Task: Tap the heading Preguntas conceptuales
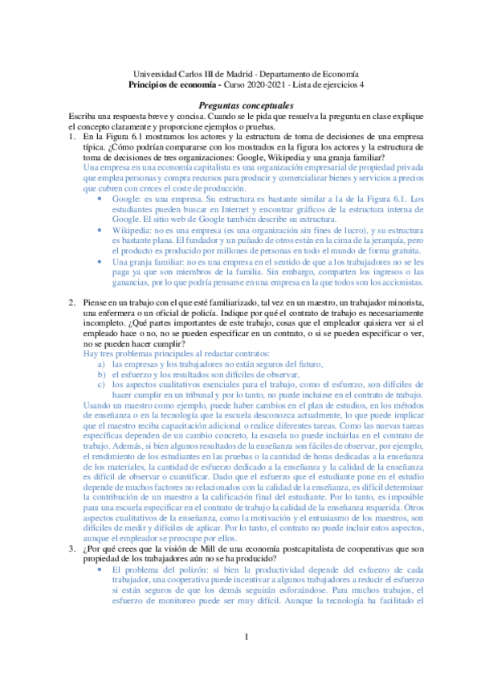(x=240, y=105)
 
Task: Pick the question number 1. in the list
(x=75, y=138)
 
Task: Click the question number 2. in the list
(x=75, y=302)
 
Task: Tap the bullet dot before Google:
(x=99, y=197)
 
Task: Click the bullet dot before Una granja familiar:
(x=99, y=261)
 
